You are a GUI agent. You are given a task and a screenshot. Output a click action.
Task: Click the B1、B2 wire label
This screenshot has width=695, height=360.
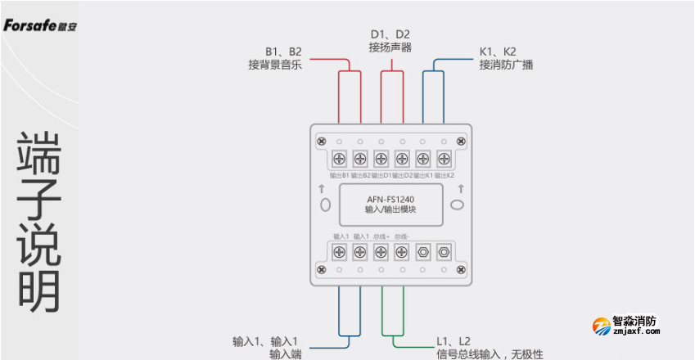tap(283, 51)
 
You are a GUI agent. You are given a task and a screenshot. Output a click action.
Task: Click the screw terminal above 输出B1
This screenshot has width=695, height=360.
tap(339, 158)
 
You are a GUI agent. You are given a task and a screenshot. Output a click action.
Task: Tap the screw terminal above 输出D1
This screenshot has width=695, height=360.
tap(381, 158)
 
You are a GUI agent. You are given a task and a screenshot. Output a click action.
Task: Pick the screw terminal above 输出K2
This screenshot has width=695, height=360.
tap(444, 158)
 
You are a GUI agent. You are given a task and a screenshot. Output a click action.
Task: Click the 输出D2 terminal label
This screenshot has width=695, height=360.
tap(402, 175)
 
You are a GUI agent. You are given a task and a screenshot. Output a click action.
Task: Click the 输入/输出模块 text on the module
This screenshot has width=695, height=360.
tap(390, 209)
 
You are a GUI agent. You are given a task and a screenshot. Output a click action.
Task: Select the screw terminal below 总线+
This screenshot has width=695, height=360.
tap(381, 253)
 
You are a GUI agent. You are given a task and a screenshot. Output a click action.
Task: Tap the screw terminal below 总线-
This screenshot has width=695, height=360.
tap(402, 253)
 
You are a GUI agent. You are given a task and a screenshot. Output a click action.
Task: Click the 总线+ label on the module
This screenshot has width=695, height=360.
tap(381, 236)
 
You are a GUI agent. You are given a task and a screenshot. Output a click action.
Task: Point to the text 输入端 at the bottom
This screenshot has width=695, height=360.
tap(286, 354)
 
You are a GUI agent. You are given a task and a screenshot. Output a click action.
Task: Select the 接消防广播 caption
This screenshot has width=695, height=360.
tap(506, 65)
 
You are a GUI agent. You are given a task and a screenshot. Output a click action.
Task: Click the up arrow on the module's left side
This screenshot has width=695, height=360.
tap(323, 188)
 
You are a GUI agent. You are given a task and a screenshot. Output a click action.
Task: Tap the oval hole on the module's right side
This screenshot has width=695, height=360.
tap(458, 203)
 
